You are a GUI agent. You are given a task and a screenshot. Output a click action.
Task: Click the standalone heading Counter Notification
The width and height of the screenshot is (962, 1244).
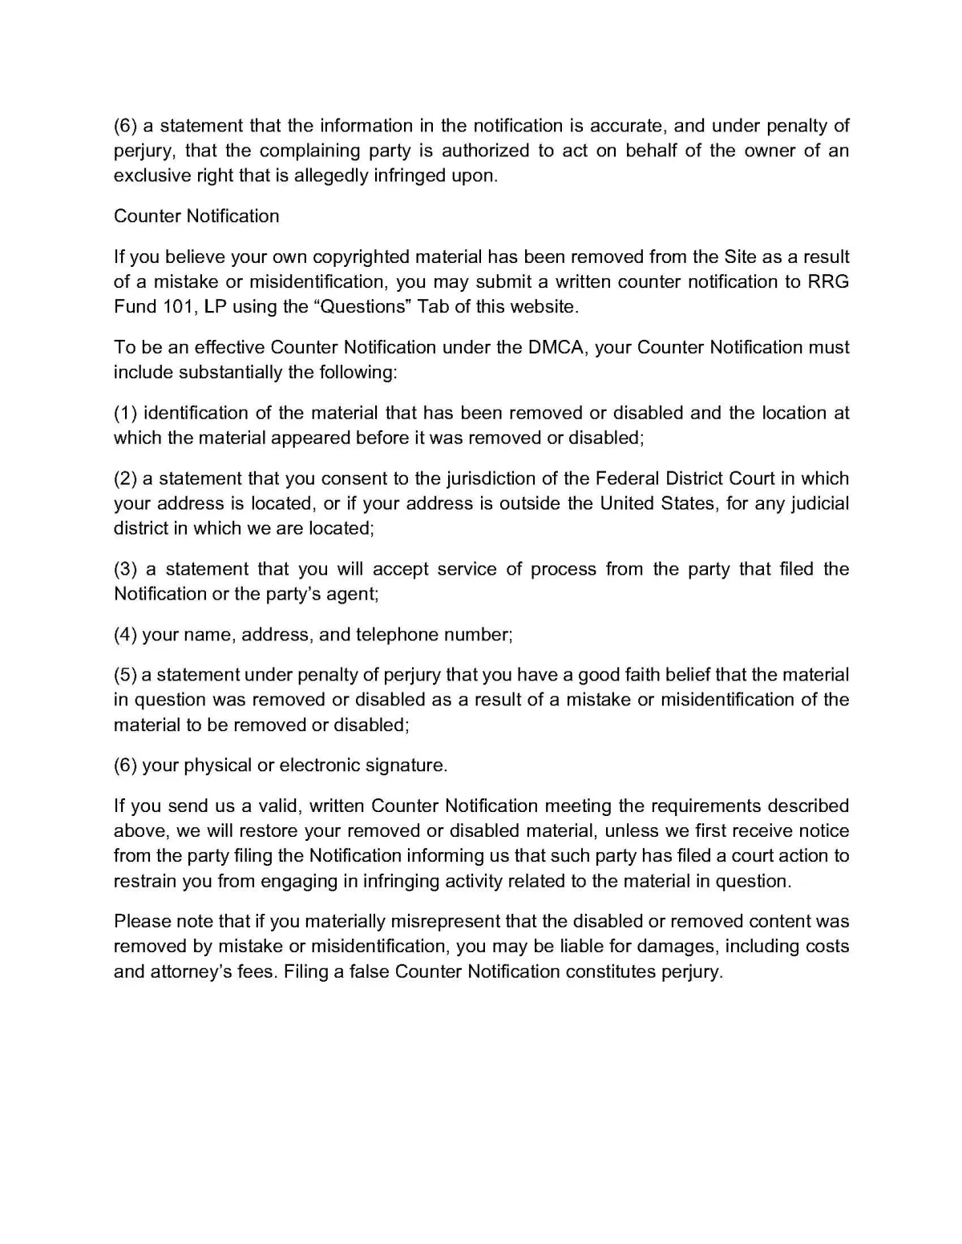(x=196, y=216)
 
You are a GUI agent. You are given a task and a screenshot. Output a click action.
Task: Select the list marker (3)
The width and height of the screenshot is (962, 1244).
(x=126, y=569)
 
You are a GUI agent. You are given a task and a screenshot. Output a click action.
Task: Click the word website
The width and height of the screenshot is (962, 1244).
(x=541, y=306)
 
